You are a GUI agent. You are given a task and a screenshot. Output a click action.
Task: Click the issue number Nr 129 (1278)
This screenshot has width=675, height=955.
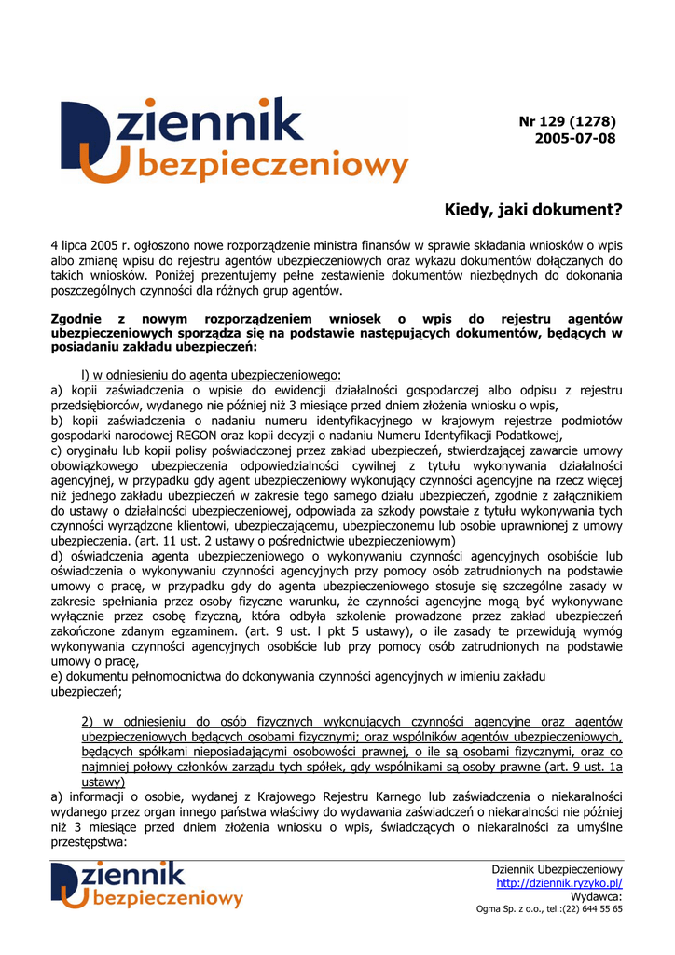point(568,121)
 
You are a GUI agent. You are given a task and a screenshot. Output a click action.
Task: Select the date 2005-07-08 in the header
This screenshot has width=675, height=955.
point(575,138)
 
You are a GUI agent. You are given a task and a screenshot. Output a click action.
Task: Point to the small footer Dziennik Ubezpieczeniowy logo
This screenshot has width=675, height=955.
point(147,885)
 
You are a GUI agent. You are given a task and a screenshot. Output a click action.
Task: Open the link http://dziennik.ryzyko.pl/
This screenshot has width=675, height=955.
point(559,882)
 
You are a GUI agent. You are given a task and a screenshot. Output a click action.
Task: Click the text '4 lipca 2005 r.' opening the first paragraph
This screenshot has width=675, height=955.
point(90,245)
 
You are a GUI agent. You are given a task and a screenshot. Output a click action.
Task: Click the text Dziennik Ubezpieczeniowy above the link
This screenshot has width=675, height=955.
point(557,869)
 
